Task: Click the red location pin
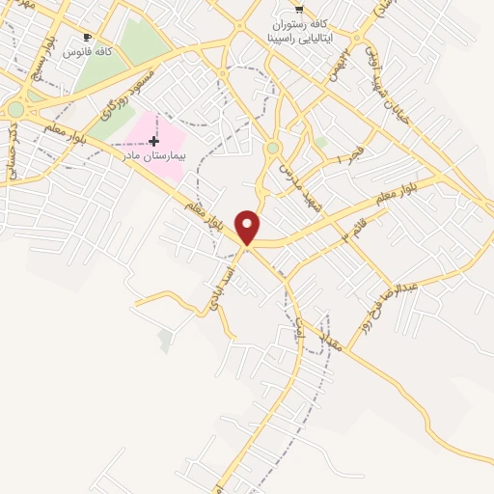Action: (248, 227)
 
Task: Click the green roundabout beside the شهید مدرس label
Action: (273, 149)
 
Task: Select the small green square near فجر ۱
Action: (320, 143)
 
